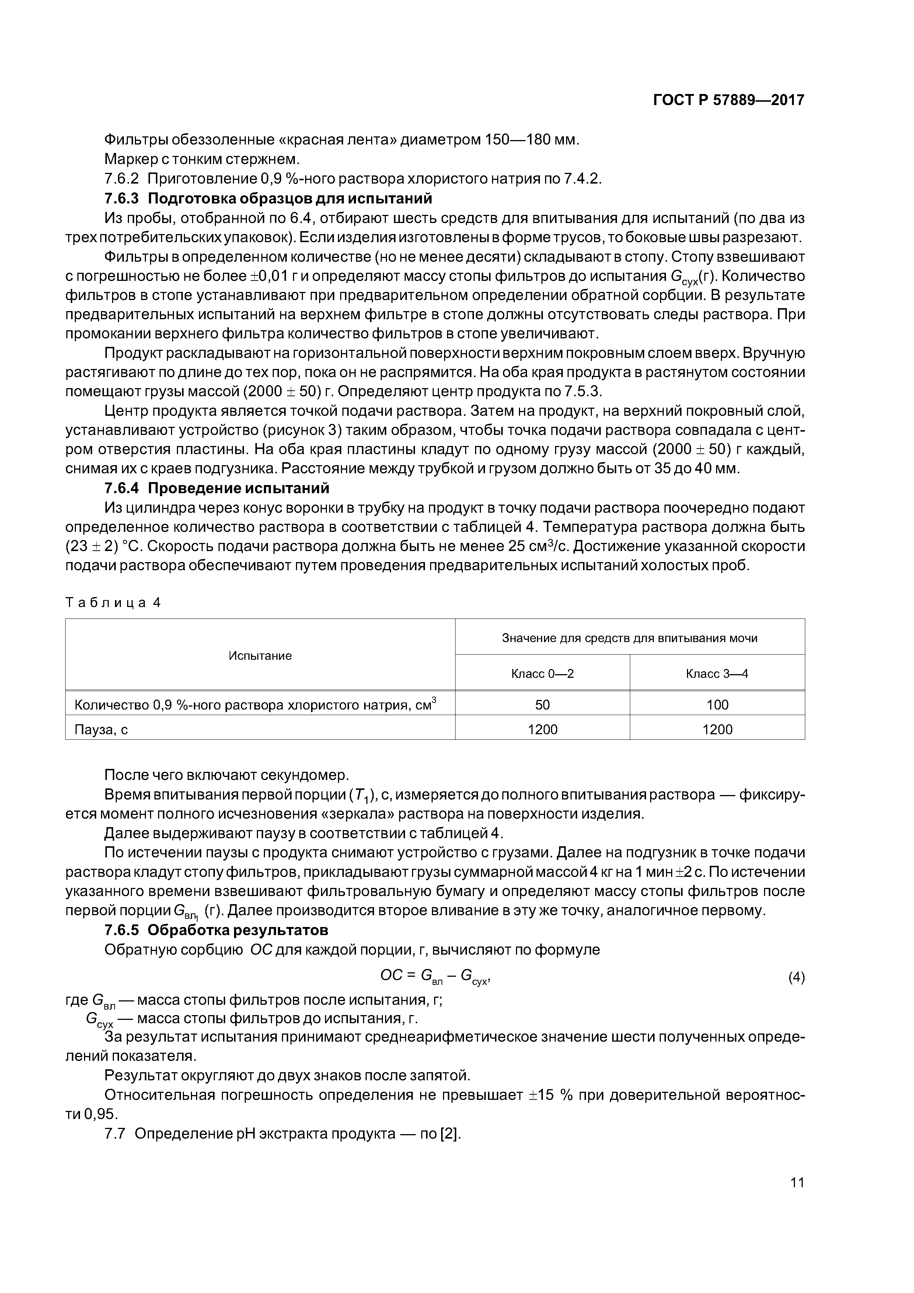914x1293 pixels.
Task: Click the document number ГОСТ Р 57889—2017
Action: (728, 100)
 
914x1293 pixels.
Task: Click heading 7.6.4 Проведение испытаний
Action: (217, 488)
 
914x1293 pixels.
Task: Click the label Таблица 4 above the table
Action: (113, 603)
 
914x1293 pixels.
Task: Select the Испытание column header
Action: (260, 655)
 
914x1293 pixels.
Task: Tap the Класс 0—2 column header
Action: (542, 673)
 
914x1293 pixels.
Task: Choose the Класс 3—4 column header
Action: (716, 673)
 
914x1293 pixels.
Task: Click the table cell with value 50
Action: (542, 704)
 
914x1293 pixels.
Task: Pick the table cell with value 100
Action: (716, 704)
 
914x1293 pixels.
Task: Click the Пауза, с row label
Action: (101, 729)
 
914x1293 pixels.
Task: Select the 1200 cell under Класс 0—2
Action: (542, 729)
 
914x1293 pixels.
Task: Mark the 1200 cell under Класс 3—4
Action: (716, 729)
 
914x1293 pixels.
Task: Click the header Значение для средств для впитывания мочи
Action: (629, 638)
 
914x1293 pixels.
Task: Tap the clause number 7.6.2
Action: (121, 178)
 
